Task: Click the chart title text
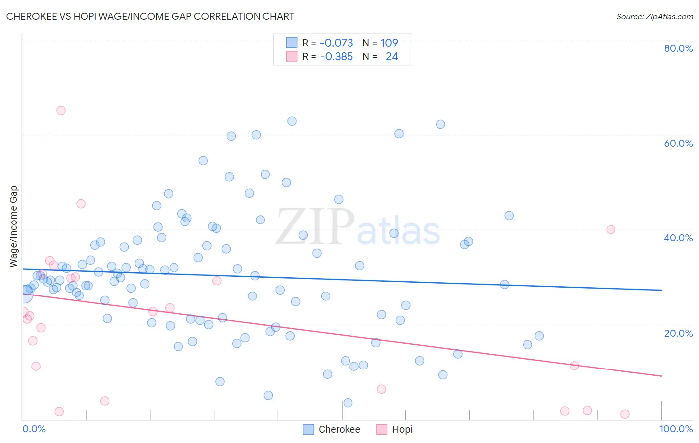pos(150,16)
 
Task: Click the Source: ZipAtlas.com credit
pos(654,16)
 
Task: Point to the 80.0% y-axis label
pos(678,48)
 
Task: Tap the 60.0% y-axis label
pos(678,143)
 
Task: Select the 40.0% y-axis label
pos(678,238)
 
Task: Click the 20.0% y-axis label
pos(678,333)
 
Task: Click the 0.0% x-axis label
pos(34,429)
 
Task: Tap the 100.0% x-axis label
pos(676,429)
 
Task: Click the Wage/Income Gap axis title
pos(14,226)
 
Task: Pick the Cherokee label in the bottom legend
pos(339,429)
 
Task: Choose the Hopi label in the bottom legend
pos(402,429)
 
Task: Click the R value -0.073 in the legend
pos(336,43)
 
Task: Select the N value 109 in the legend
pos(389,43)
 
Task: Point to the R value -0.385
pos(336,57)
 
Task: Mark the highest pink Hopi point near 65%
pos(61,110)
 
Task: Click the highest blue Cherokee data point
pos(292,121)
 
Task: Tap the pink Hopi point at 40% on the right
pos(611,229)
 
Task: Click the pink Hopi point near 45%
pos(81,204)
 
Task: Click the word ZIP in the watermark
pos(315,227)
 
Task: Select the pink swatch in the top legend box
pos(292,56)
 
